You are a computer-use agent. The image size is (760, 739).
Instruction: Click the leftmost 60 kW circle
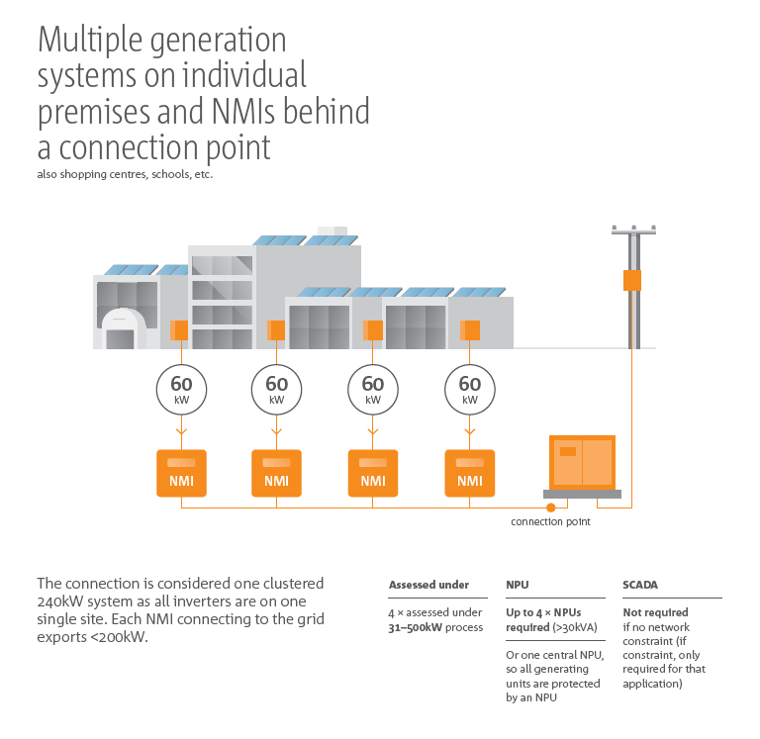[181, 389]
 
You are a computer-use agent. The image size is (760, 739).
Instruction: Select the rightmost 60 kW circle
[470, 389]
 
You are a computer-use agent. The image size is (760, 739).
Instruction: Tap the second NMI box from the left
[276, 473]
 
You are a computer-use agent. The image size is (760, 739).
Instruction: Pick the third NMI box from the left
[373, 473]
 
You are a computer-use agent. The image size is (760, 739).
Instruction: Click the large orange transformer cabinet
[583, 463]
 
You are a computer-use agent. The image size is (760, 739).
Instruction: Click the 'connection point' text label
[550, 521]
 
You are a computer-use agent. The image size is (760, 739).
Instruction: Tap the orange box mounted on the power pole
[632, 280]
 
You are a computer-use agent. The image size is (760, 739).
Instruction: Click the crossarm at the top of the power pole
[633, 231]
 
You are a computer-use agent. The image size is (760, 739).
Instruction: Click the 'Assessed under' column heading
[428, 585]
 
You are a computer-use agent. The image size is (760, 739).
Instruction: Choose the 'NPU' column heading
[518, 585]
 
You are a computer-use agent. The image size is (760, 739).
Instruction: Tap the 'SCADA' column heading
[640, 585]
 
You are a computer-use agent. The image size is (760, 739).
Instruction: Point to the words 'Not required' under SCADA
[655, 612]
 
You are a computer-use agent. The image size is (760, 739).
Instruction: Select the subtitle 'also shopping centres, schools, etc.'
[126, 174]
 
